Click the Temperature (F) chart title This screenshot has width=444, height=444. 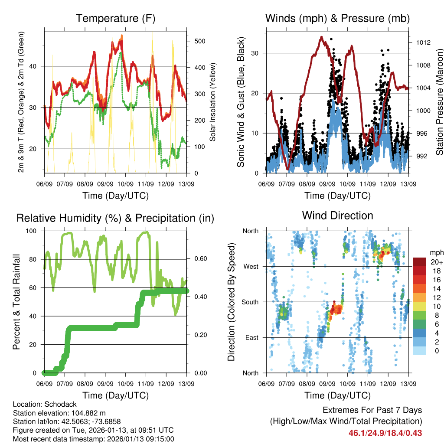coord(115,19)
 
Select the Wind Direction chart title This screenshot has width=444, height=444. coord(337,215)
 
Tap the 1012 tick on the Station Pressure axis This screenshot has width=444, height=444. coord(422,42)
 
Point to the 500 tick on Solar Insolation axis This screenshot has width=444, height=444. coord(199,41)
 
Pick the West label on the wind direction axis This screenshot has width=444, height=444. coord(251,266)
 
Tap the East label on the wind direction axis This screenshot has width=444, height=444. coord(251,337)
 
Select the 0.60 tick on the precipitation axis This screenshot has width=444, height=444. coord(200,259)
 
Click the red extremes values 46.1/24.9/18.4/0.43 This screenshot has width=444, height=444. coord(385,433)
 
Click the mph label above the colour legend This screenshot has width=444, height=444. coord(436,253)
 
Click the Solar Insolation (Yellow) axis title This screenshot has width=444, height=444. coord(213,102)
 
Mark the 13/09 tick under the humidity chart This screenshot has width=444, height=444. coord(186,384)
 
